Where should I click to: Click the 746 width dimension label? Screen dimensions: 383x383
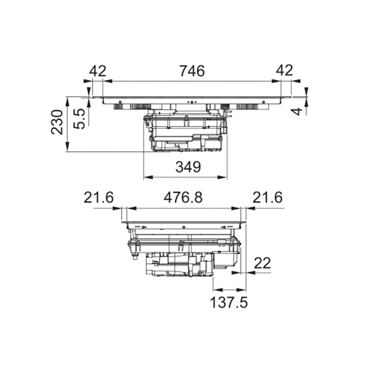point(192,71)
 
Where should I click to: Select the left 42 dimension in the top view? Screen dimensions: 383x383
point(98,71)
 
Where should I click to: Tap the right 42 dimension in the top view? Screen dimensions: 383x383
point(285,70)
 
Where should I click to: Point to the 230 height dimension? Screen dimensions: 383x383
point(57,122)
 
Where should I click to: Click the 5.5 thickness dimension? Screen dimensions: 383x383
point(79,119)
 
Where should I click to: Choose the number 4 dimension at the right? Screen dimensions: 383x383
point(297,111)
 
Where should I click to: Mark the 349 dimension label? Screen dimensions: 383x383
point(188,167)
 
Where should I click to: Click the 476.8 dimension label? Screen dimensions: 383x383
point(183,197)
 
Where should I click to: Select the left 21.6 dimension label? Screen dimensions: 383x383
point(99,197)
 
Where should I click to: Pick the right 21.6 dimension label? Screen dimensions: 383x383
point(267,197)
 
